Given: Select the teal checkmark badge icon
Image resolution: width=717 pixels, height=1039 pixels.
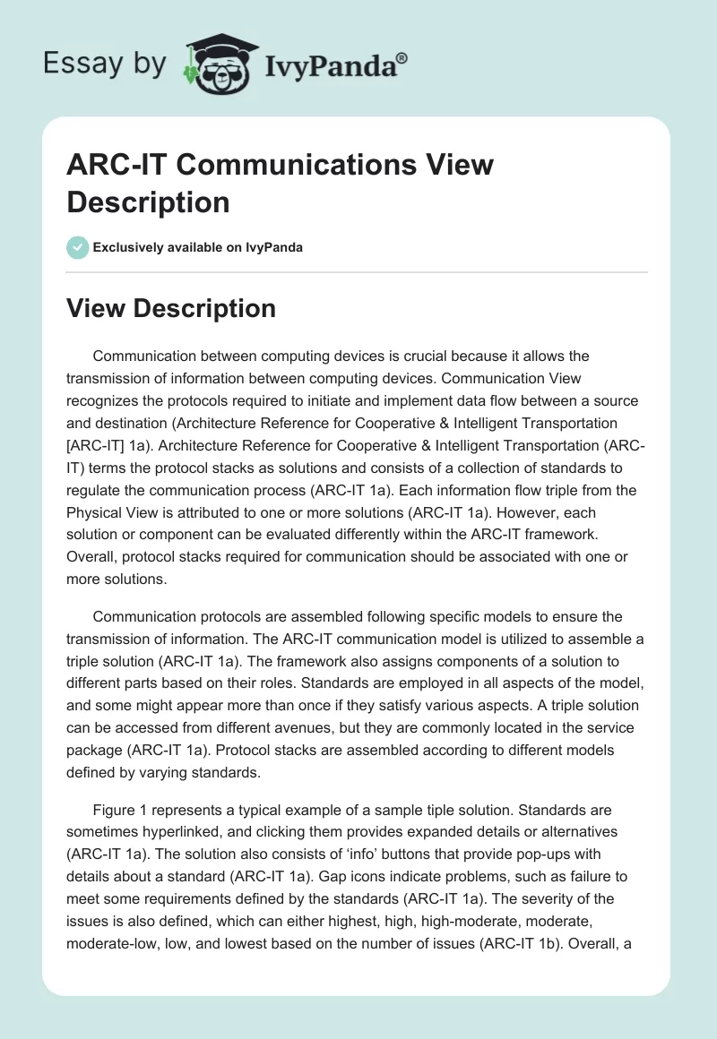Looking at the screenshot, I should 78,247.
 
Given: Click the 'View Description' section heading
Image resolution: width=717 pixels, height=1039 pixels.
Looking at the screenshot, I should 171,308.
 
